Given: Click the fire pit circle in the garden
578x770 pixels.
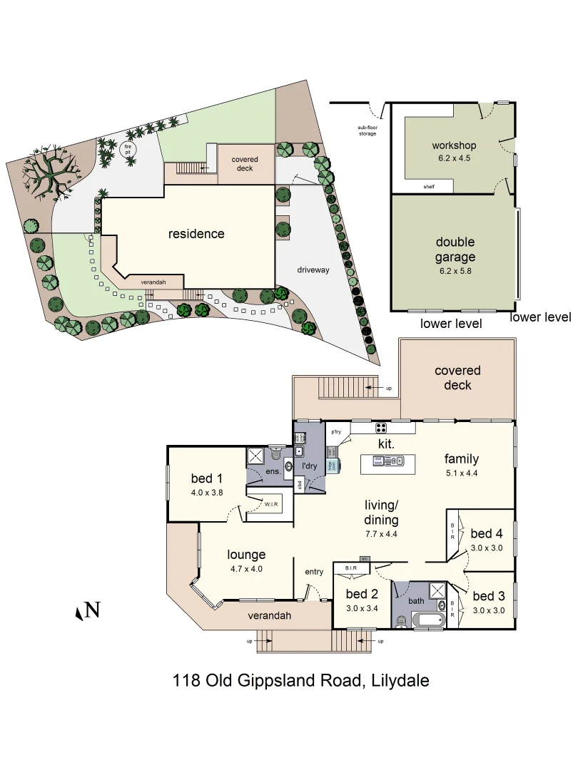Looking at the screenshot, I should click(x=128, y=150).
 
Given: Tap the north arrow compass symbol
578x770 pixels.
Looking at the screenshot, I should click(x=88, y=610).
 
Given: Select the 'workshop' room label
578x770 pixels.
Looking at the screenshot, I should click(x=453, y=146).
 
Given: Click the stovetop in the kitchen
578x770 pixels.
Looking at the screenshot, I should click(x=381, y=428).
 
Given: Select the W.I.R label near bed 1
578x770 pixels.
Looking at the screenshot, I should click(x=271, y=505).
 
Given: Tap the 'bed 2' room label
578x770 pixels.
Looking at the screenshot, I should click(x=362, y=594).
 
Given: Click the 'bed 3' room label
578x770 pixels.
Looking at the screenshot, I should click(x=489, y=596).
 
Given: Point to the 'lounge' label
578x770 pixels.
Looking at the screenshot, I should click(x=246, y=554).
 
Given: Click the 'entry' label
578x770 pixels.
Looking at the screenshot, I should click(x=314, y=571).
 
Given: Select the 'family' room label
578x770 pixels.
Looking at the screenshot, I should click(x=461, y=458).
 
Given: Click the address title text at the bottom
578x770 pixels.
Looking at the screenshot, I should click(x=300, y=680).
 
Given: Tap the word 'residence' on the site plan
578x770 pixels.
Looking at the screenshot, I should click(x=196, y=234).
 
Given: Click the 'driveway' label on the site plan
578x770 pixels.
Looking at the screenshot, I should click(x=313, y=270).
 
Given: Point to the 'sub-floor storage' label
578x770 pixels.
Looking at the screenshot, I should click(x=367, y=131).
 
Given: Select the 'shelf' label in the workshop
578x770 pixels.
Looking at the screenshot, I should click(x=428, y=187).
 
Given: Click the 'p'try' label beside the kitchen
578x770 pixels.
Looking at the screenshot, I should click(x=335, y=432).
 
